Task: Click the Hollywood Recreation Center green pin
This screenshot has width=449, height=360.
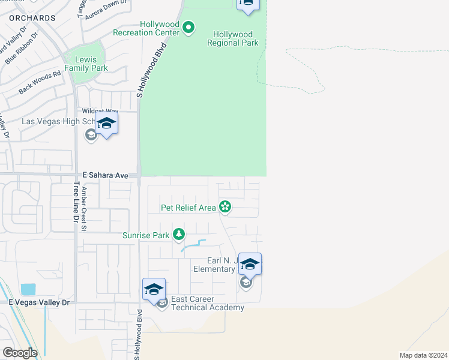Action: [x=188, y=27]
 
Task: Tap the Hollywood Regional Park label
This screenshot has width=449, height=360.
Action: [x=233, y=38]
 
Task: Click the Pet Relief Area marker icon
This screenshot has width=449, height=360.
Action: [x=225, y=208]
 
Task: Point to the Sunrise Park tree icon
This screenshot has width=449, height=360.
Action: [x=178, y=235]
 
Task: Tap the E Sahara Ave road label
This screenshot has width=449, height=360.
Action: [x=106, y=175]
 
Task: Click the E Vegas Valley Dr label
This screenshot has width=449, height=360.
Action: [x=39, y=303]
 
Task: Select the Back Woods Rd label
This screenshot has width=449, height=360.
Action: [x=40, y=82]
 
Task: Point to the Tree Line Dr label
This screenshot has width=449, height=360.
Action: [x=76, y=203]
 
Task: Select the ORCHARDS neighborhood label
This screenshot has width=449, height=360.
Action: [x=32, y=19]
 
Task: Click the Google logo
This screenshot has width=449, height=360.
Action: [x=20, y=353]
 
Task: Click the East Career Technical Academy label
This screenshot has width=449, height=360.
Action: [x=208, y=303]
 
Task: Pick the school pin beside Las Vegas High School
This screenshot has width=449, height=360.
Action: [x=106, y=124]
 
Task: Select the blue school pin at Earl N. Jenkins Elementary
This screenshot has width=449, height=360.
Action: [x=250, y=263]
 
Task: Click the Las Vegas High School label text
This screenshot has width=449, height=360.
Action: [x=57, y=121]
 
